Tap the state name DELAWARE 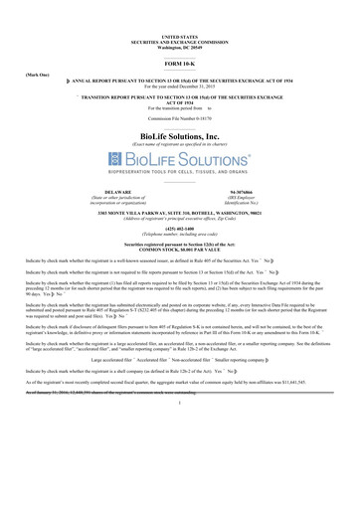coord(117,191)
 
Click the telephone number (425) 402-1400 coord(179,225)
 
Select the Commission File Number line coord(179,119)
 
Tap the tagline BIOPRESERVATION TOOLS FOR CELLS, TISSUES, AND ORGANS coord(179,175)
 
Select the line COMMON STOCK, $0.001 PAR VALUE coord(179,248)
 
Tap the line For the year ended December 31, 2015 coord(179,88)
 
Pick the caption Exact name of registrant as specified coord(179,144)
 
